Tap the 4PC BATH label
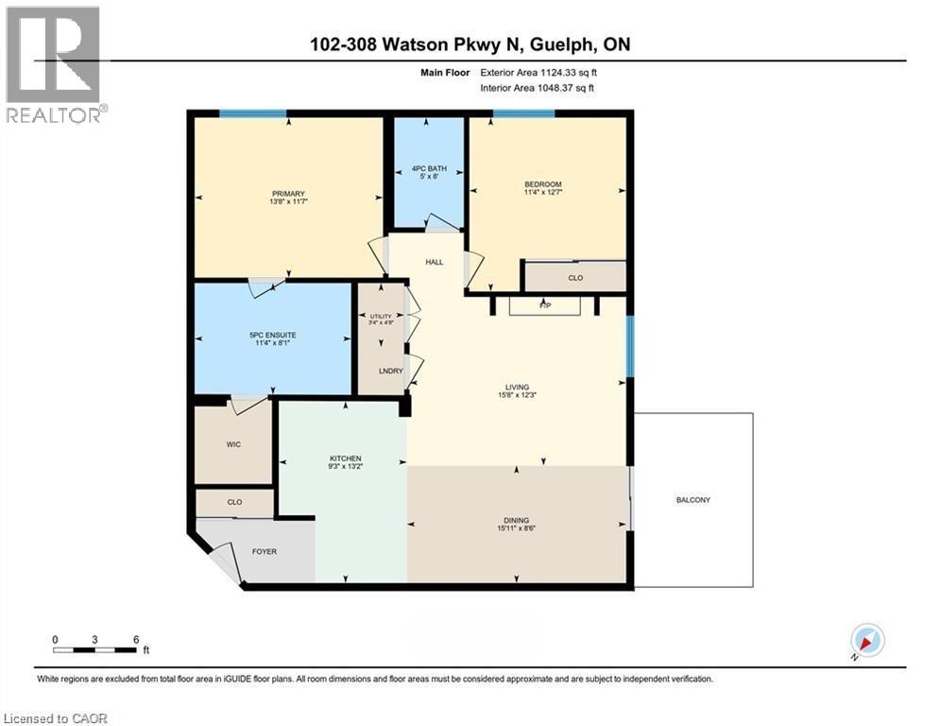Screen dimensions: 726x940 (x=428, y=168)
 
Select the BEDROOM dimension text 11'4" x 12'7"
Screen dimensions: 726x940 (x=543, y=194)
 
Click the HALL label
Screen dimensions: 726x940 (x=434, y=262)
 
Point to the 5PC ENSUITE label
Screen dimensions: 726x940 (x=272, y=335)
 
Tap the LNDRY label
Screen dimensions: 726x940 (x=392, y=372)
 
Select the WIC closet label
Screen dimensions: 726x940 (x=235, y=443)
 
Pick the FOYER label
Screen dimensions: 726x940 (x=264, y=551)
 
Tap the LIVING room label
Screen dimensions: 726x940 (x=517, y=387)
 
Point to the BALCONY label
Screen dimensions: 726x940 (x=692, y=500)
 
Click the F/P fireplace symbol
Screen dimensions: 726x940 (x=543, y=306)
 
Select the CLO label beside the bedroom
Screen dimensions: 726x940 (x=574, y=278)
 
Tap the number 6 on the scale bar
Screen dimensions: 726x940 (x=136, y=639)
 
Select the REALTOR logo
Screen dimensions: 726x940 (x=53, y=64)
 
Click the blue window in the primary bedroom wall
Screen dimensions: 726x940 (x=253, y=114)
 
